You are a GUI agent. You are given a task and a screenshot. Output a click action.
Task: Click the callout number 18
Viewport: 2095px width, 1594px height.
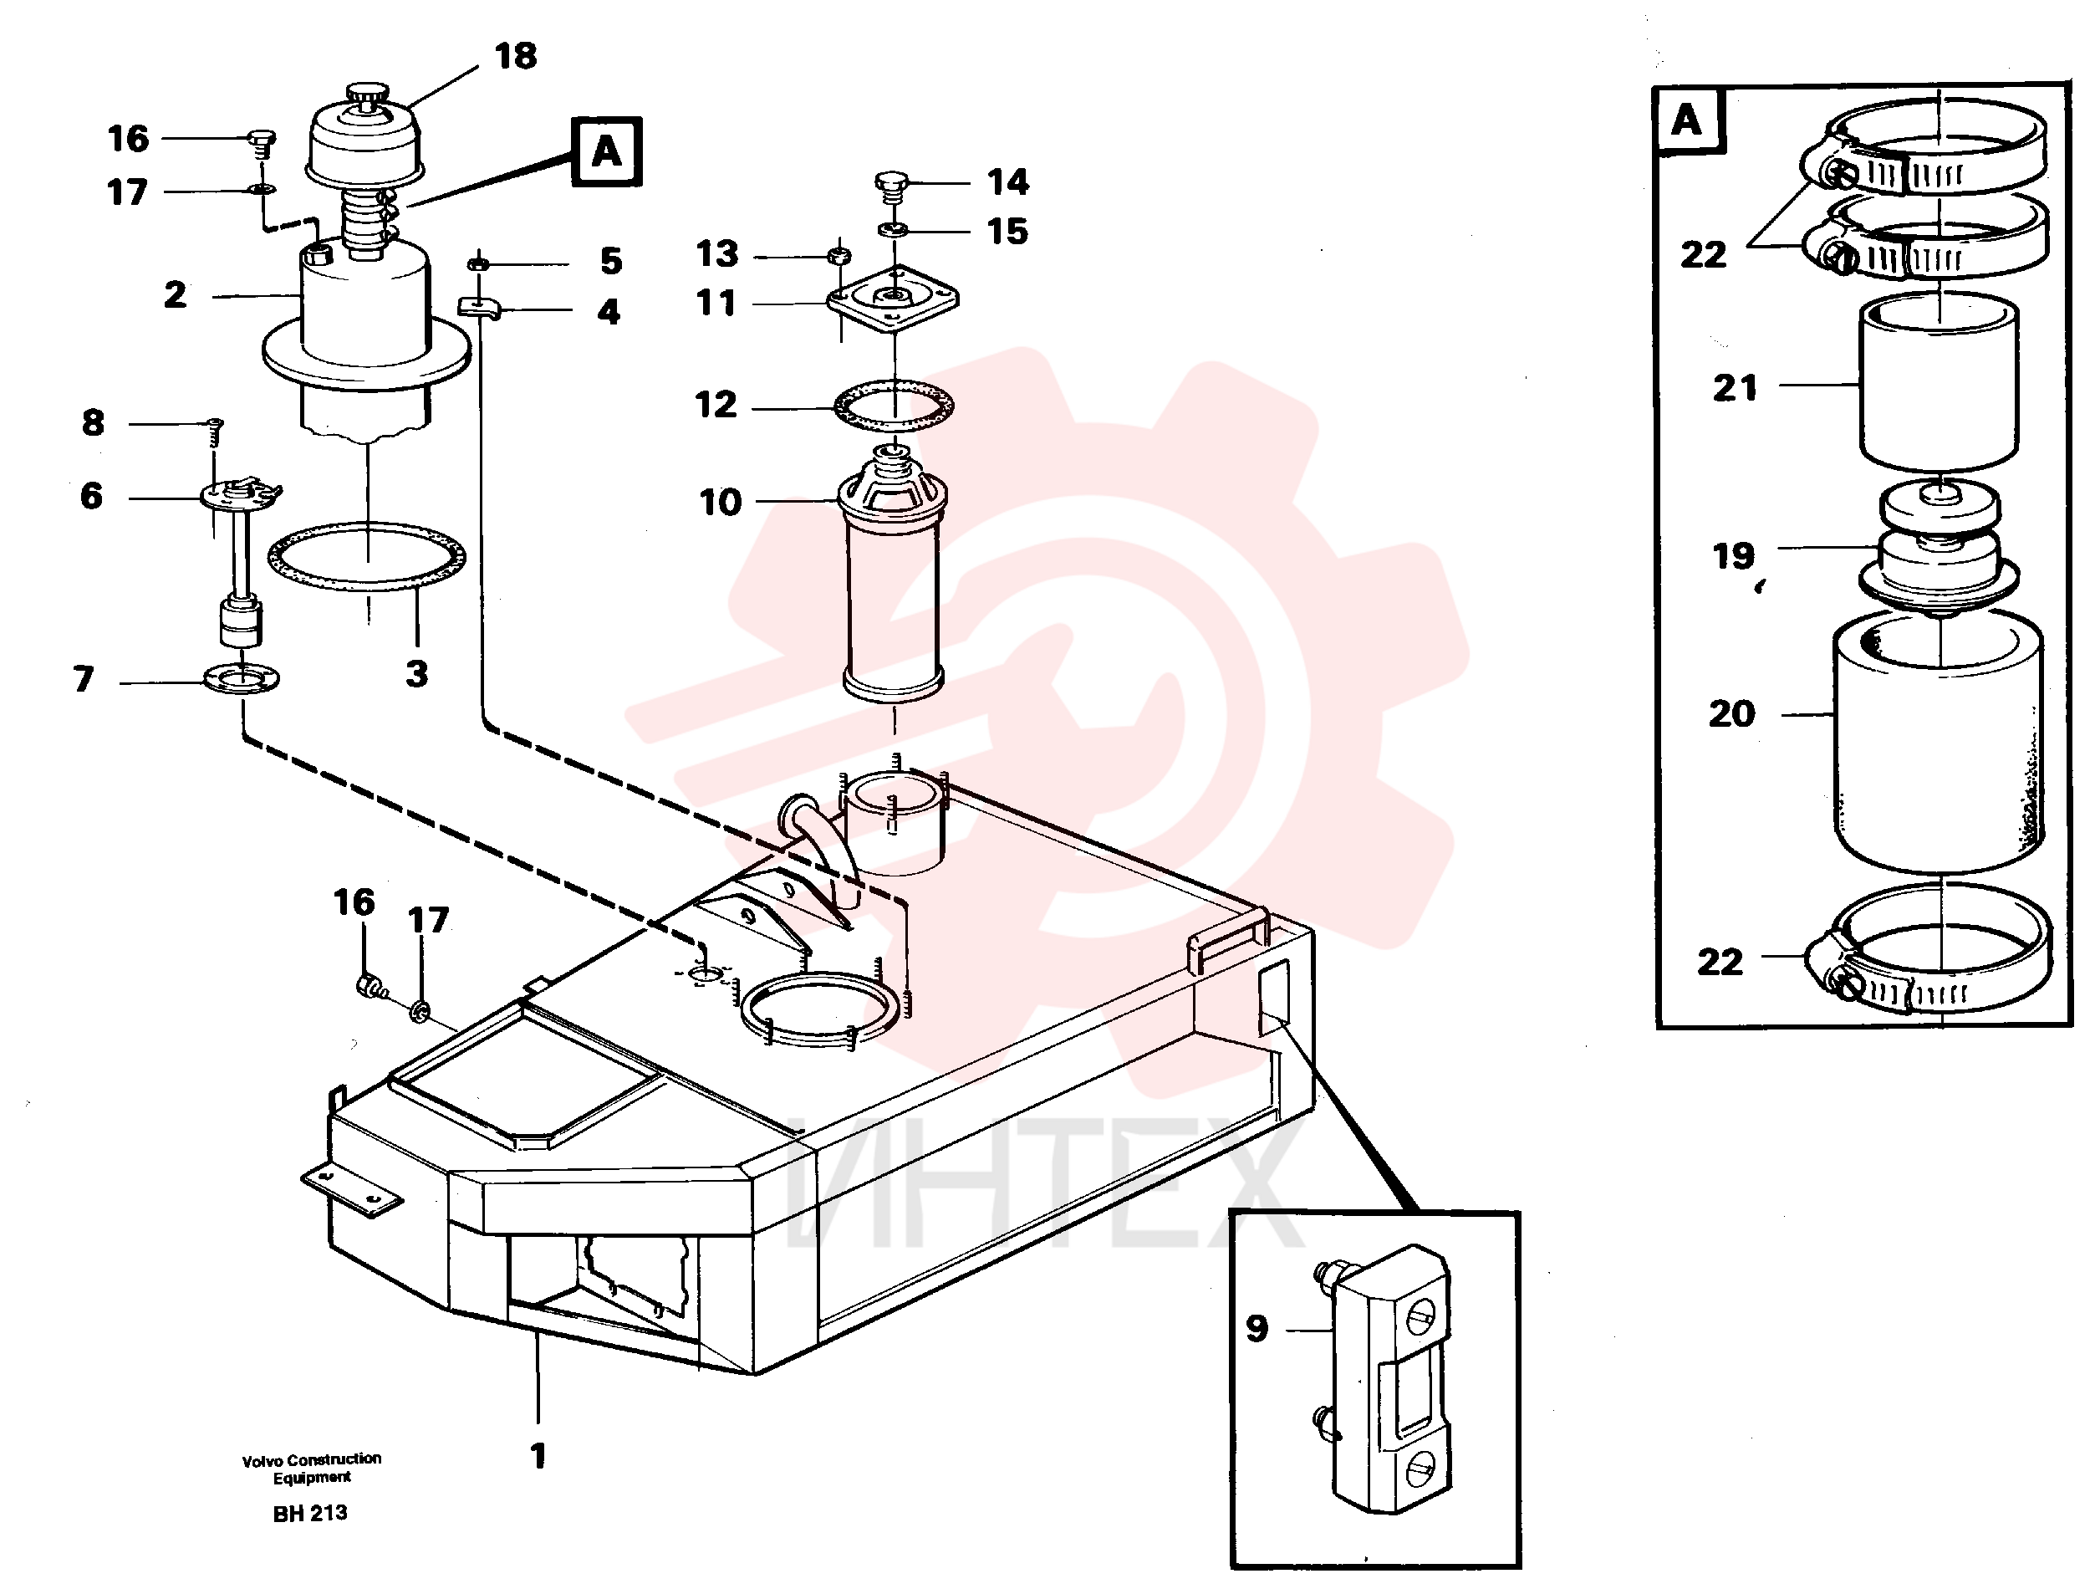[x=516, y=56]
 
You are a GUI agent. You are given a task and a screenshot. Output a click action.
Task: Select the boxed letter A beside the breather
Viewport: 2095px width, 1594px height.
[x=607, y=152]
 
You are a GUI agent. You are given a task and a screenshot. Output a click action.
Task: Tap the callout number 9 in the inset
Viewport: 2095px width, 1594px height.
[x=1256, y=1328]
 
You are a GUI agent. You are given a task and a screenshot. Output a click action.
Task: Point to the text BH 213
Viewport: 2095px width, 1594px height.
[x=310, y=1514]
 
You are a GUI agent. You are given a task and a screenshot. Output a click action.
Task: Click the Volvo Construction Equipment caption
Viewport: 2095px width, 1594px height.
[x=312, y=1468]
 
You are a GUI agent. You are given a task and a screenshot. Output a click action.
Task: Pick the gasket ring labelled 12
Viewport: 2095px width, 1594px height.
[x=895, y=408]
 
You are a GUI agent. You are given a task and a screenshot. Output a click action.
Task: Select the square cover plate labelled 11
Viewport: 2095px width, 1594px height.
[x=893, y=300]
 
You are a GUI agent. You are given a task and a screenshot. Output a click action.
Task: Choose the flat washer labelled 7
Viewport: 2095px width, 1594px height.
[x=242, y=679]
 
